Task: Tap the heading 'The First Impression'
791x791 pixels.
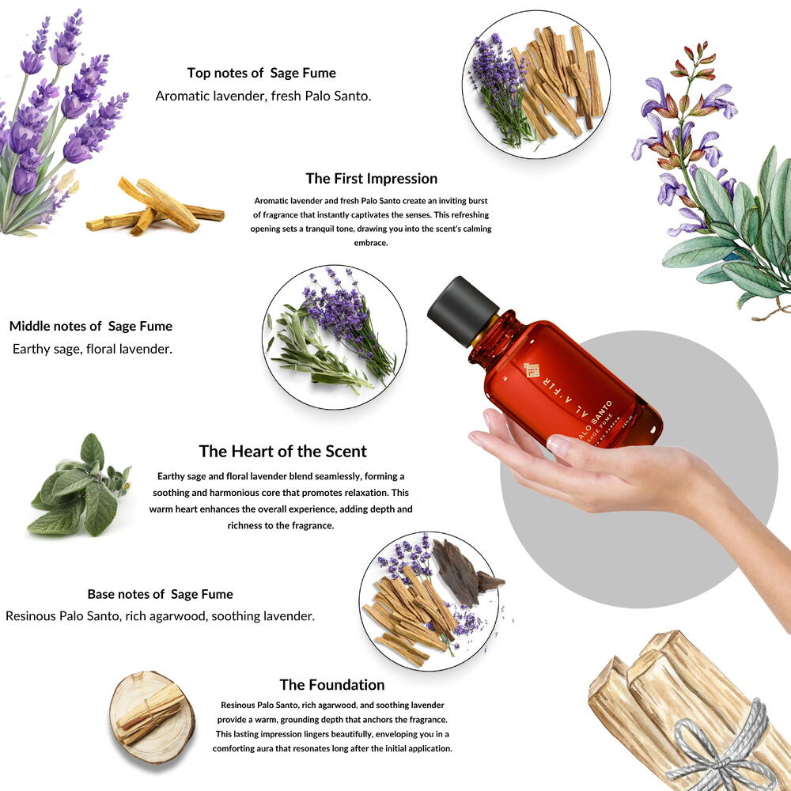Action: coord(371,179)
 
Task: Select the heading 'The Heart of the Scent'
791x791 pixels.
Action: coord(282,451)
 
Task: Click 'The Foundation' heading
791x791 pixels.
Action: coord(332,684)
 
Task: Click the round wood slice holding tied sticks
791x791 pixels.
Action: coord(152,717)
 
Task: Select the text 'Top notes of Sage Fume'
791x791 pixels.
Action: coord(261,73)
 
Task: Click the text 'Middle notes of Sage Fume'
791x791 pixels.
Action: coord(91,326)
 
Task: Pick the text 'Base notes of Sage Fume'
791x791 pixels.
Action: coord(160,594)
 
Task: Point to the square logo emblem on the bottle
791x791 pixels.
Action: coord(532,369)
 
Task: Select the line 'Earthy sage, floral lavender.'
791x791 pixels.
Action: coord(93,349)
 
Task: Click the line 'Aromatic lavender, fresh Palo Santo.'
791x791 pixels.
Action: coord(263,96)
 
